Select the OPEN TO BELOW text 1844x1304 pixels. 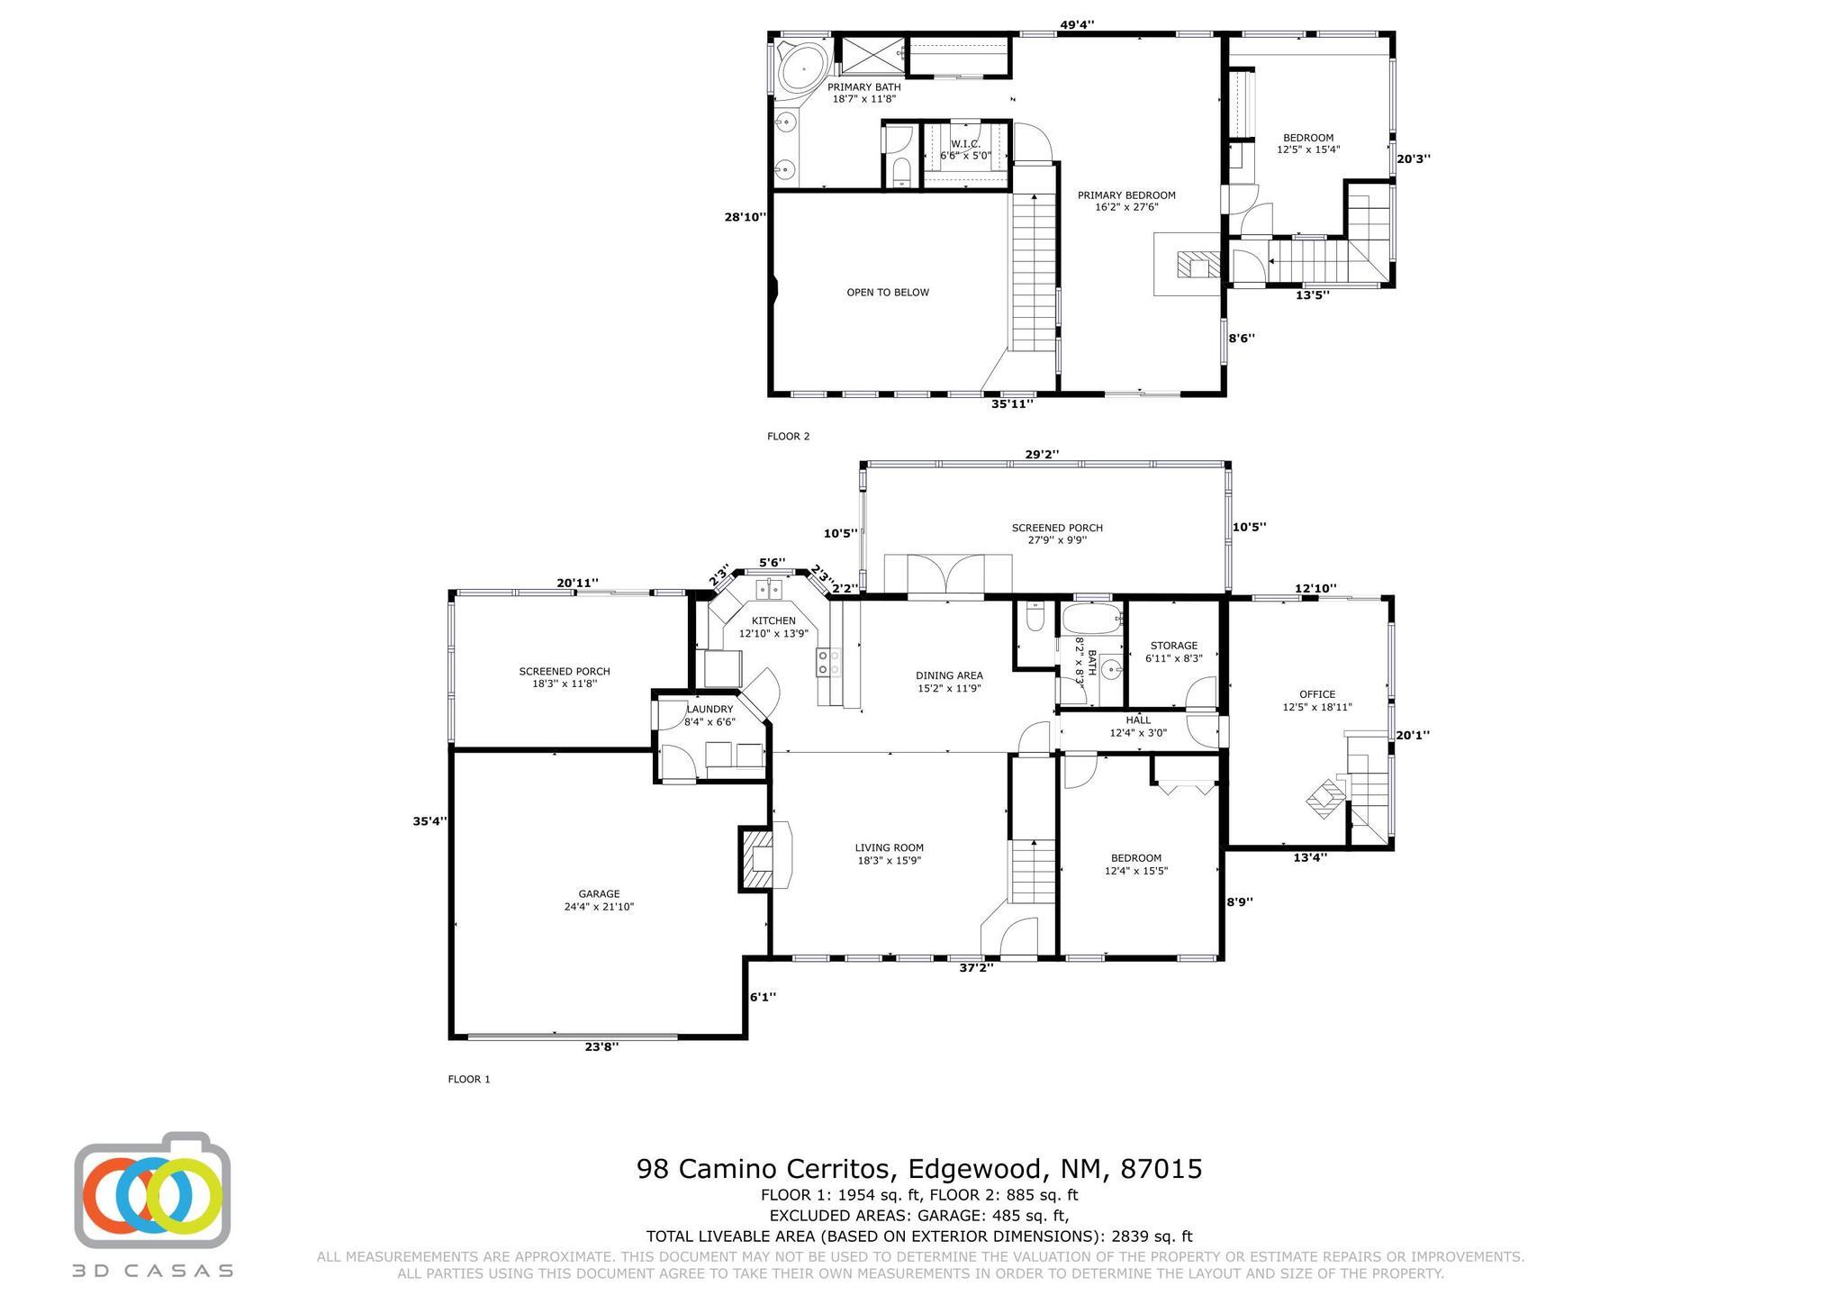coord(887,293)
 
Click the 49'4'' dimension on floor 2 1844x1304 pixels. coord(1077,25)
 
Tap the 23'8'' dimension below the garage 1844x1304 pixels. coord(601,1046)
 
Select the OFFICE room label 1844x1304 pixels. coord(1317,694)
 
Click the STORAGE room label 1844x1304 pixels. coord(1173,646)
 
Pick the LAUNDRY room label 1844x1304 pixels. coord(710,710)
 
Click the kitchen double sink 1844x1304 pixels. coord(769,589)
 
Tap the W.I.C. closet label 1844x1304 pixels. coord(965,145)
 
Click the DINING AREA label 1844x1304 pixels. coord(949,675)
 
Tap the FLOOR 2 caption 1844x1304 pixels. coord(788,437)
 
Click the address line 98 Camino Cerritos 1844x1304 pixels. coord(919,1169)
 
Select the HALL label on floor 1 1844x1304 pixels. coord(1137,720)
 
